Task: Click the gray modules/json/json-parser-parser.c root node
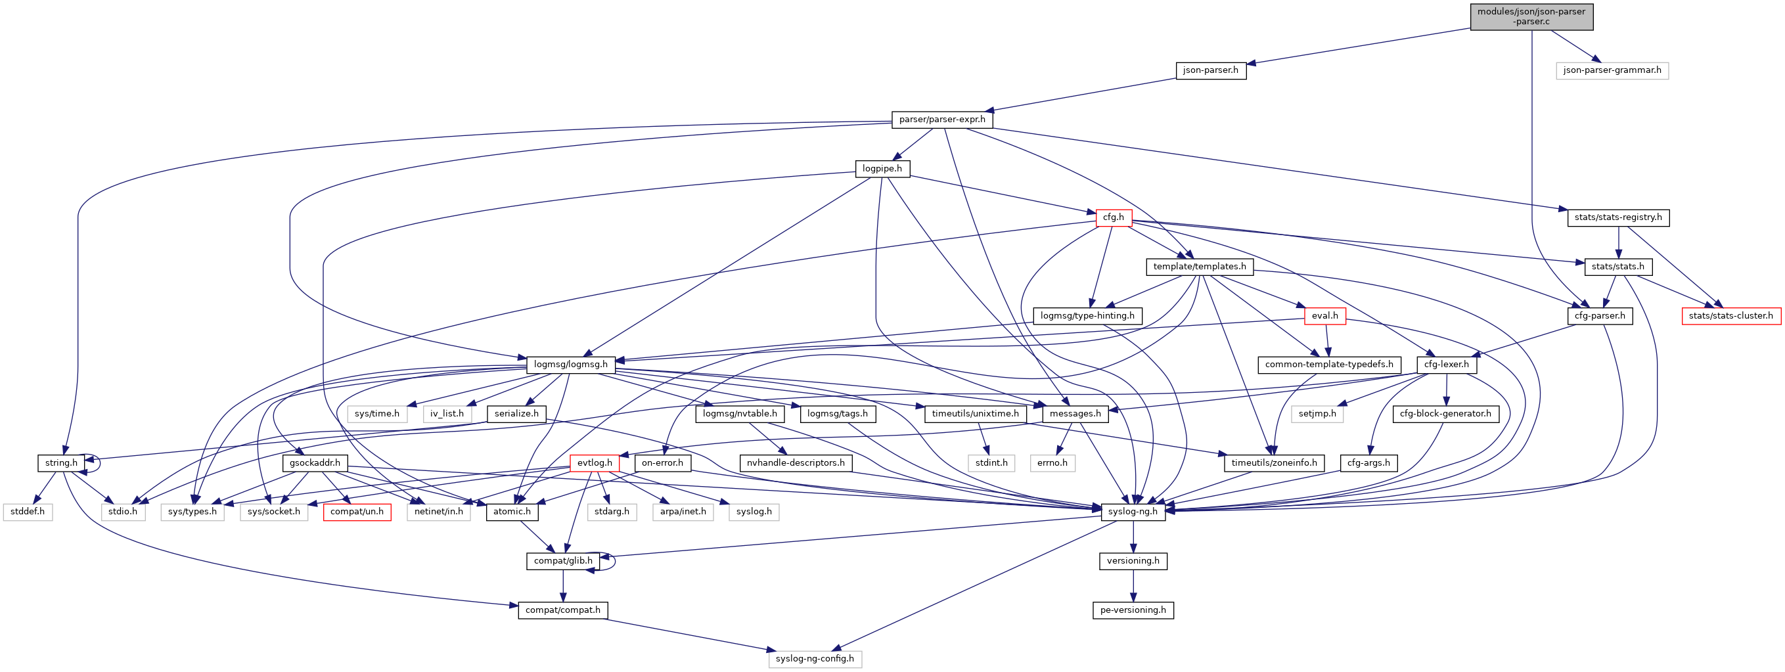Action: click(1531, 16)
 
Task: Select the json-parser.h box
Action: click(1210, 70)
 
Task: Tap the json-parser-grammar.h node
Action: click(1611, 70)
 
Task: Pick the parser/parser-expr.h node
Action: click(941, 119)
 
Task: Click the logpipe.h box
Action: click(882, 168)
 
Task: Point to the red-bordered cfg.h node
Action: click(1113, 217)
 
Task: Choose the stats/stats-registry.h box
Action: click(1617, 217)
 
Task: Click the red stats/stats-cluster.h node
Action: click(1730, 315)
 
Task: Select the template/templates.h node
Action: click(1199, 266)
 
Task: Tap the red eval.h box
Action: click(1324, 315)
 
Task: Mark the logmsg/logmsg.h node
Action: click(570, 364)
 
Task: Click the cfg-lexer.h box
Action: click(1445, 364)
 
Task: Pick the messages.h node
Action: click(1075, 413)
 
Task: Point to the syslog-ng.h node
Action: click(1132, 511)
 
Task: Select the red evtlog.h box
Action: click(594, 462)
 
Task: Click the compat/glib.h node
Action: click(562, 560)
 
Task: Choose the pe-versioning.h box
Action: click(1132, 610)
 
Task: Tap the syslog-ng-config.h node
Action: click(814, 658)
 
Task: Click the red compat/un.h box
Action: click(357, 511)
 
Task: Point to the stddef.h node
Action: click(28, 511)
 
